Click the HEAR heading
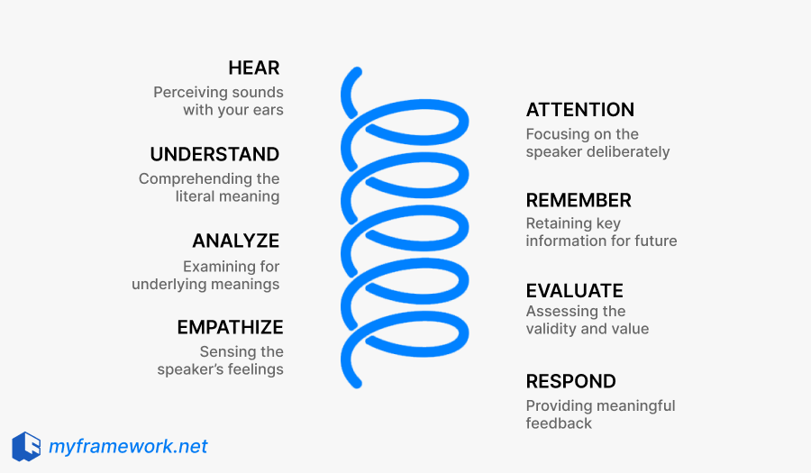click(253, 68)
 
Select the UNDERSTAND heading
click(214, 154)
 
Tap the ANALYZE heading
click(235, 241)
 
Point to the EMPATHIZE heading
click(230, 327)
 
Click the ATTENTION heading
click(579, 110)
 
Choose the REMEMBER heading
click(579, 200)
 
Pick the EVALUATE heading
click(574, 290)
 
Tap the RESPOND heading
click(570, 381)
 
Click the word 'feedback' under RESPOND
click(559, 423)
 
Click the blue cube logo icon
click(26, 446)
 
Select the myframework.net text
click(128, 446)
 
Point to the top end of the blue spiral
click(357, 71)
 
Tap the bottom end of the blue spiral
click(357, 383)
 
